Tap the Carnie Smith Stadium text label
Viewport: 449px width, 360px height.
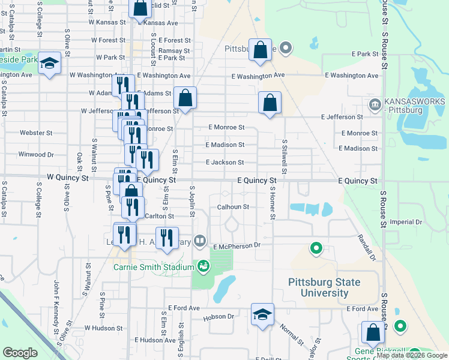[x=153, y=266]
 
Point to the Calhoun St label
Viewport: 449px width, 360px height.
[x=232, y=207]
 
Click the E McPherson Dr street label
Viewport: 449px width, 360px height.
[x=237, y=245]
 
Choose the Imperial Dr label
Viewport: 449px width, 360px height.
[x=406, y=222]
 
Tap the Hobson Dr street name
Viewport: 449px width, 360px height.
[x=218, y=316]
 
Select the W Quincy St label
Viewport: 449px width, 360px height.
[x=67, y=178]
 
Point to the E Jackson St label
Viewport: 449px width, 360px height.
[x=224, y=162]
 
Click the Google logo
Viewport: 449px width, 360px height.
[x=20, y=353]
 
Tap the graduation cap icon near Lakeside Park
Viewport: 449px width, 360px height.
[x=49, y=63]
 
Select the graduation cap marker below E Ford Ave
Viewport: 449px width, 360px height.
[x=262, y=316]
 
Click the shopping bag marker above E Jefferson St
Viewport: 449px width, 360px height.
[x=270, y=103]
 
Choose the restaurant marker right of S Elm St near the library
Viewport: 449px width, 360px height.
[x=167, y=238]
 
